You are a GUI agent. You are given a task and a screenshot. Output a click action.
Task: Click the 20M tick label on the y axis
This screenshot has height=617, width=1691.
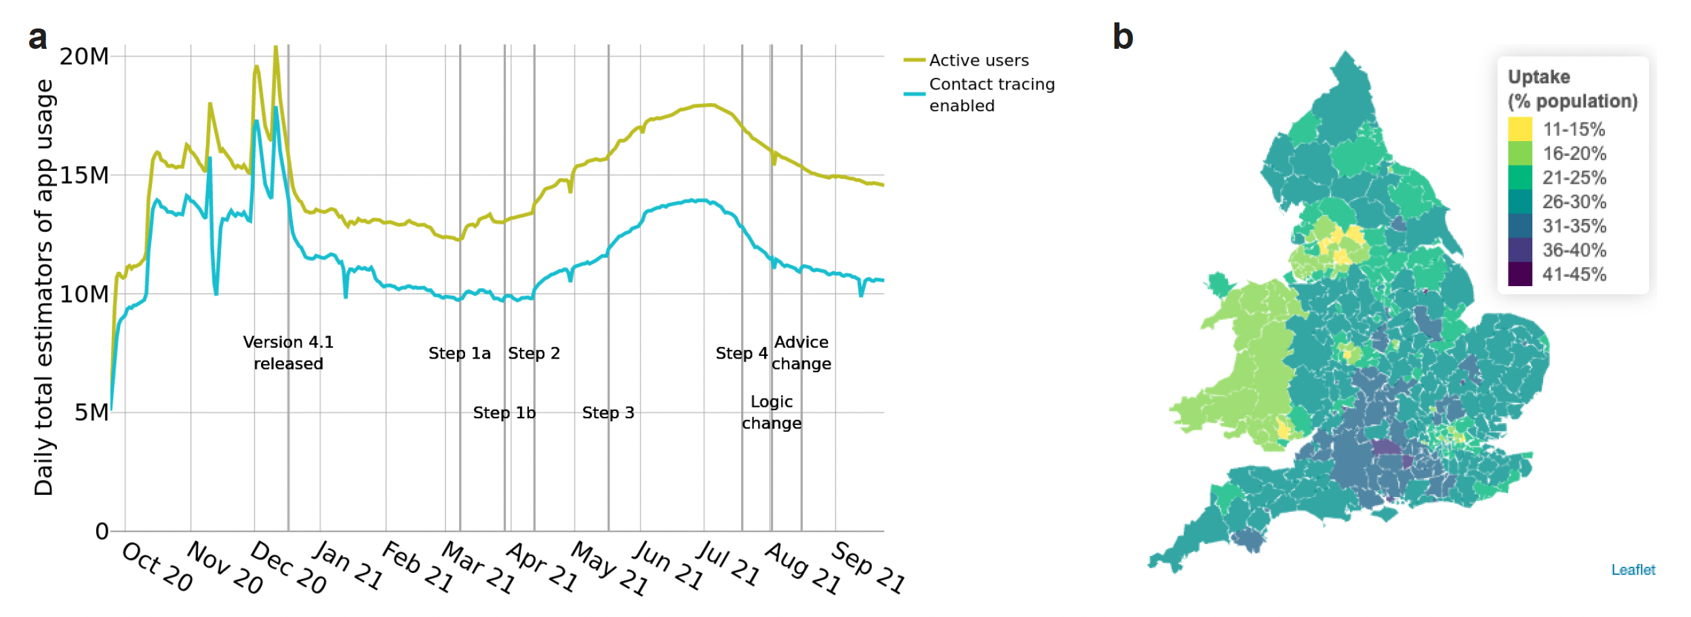pyautogui.click(x=84, y=56)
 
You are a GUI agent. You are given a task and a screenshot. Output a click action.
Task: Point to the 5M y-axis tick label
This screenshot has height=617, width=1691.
pyautogui.click(x=92, y=412)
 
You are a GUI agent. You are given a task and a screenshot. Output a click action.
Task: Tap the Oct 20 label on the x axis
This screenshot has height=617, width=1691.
pyautogui.click(x=157, y=567)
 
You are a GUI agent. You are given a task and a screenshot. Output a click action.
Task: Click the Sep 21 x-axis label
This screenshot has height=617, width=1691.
pyautogui.click(x=869, y=567)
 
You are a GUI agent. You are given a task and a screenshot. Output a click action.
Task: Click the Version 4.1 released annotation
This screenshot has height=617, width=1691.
pyautogui.click(x=288, y=353)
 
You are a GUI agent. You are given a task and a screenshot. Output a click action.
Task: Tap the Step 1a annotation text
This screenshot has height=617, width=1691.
pyautogui.click(x=459, y=353)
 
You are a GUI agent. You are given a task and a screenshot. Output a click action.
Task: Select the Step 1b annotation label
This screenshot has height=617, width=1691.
pyautogui.click(x=504, y=413)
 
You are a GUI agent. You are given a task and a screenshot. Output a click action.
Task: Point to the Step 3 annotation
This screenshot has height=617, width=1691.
pyautogui.click(x=608, y=413)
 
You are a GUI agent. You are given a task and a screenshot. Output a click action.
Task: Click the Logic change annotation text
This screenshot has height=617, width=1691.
pyautogui.click(x=772, y=412)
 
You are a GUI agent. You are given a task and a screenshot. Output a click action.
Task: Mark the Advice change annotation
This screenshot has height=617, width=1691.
pyautogui.click(x=801, y=353)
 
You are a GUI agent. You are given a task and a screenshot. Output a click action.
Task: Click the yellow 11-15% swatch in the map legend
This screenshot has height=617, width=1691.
pyautogui.click(x=1519, y=129)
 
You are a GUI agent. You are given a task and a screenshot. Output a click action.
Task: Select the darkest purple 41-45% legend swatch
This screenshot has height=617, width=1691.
pyautogui.click(x=1519, y=274)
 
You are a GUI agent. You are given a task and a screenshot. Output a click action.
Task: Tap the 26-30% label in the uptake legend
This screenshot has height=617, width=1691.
pyautogui.click(x=1574, y=202)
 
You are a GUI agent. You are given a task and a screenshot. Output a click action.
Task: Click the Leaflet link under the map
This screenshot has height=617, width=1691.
pyautogui.click(x=1633, y=570)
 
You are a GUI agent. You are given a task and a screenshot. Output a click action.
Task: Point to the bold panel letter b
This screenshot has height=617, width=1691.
pyautogui.click(x=1123, y=37)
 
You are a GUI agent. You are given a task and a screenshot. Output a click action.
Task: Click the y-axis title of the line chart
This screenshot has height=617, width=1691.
pyautogui.click(x=43, y=287)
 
